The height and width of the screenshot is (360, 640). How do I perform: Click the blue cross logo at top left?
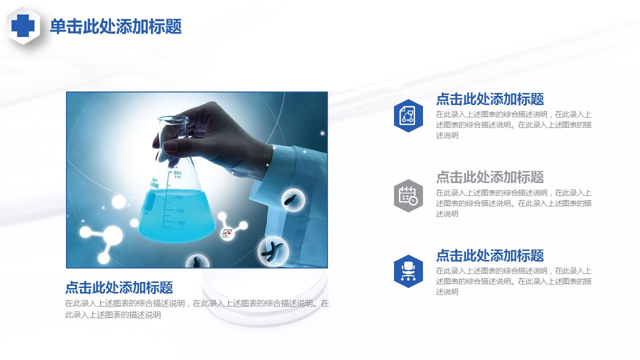23,25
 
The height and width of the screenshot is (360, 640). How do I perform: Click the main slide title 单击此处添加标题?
115,26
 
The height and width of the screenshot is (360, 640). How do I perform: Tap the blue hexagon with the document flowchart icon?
408,115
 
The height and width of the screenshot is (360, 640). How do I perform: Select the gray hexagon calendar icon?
408,195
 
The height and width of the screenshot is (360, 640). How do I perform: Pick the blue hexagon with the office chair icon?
408,271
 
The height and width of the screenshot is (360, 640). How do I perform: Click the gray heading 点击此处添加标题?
490,177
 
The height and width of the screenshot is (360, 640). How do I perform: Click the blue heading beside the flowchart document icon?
490,99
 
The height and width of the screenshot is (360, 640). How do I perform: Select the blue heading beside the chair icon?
490,255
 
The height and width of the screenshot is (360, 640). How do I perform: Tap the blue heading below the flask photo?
119,287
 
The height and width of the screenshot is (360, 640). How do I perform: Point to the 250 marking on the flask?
177,173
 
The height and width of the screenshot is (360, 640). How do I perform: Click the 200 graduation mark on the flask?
178,197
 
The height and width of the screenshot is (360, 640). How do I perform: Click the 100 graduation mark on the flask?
180,223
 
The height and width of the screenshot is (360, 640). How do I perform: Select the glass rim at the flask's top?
173,119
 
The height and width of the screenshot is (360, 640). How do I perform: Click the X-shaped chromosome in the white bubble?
272,251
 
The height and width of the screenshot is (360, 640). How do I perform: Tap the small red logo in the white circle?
227,233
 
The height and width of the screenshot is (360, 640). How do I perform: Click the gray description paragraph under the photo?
197,309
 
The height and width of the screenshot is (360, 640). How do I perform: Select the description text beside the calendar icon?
513,203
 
